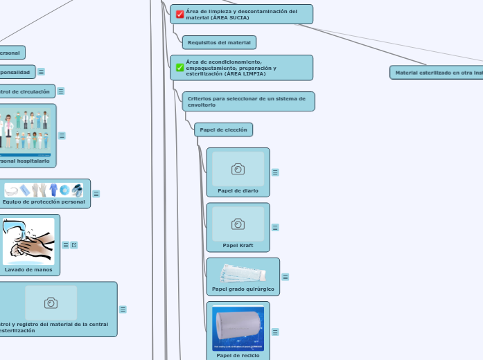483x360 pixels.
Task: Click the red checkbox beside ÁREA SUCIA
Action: (180, 14)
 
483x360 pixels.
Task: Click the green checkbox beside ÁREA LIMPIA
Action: (180, 67)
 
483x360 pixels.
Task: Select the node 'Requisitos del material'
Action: (219, 42)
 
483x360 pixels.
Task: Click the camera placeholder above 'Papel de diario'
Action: (238, 168)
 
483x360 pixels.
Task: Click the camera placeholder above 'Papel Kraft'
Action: (238, 223)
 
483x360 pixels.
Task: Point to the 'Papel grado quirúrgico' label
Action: (243, 288)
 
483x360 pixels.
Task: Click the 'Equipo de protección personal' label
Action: (43, 202)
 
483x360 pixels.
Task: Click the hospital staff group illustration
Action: (26, 130)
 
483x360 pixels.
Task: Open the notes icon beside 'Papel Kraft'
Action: (275, 227)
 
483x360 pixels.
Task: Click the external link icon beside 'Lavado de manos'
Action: (73, 244)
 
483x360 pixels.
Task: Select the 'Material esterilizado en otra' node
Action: (437, 72)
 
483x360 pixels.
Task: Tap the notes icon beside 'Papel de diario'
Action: (275, 172)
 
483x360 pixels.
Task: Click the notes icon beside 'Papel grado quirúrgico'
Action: (285, 277)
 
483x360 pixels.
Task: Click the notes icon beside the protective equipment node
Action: (96, 194)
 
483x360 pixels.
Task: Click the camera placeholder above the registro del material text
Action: (51, 303)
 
